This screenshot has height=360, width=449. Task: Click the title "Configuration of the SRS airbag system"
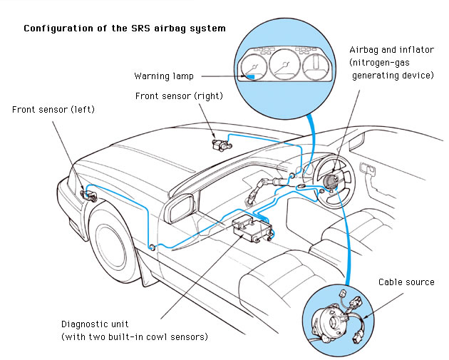click(x=125, y=29)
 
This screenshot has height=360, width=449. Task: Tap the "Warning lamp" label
click(x=163, y=76)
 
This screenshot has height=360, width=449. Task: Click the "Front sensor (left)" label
click(x=53, y=110)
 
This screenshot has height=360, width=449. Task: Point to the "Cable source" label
click(x=406, y=282)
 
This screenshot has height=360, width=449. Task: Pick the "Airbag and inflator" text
click(x=391, y=50)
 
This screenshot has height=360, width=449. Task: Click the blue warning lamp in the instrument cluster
click(x=252, y=73)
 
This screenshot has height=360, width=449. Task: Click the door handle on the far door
click(x=368, y=168)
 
